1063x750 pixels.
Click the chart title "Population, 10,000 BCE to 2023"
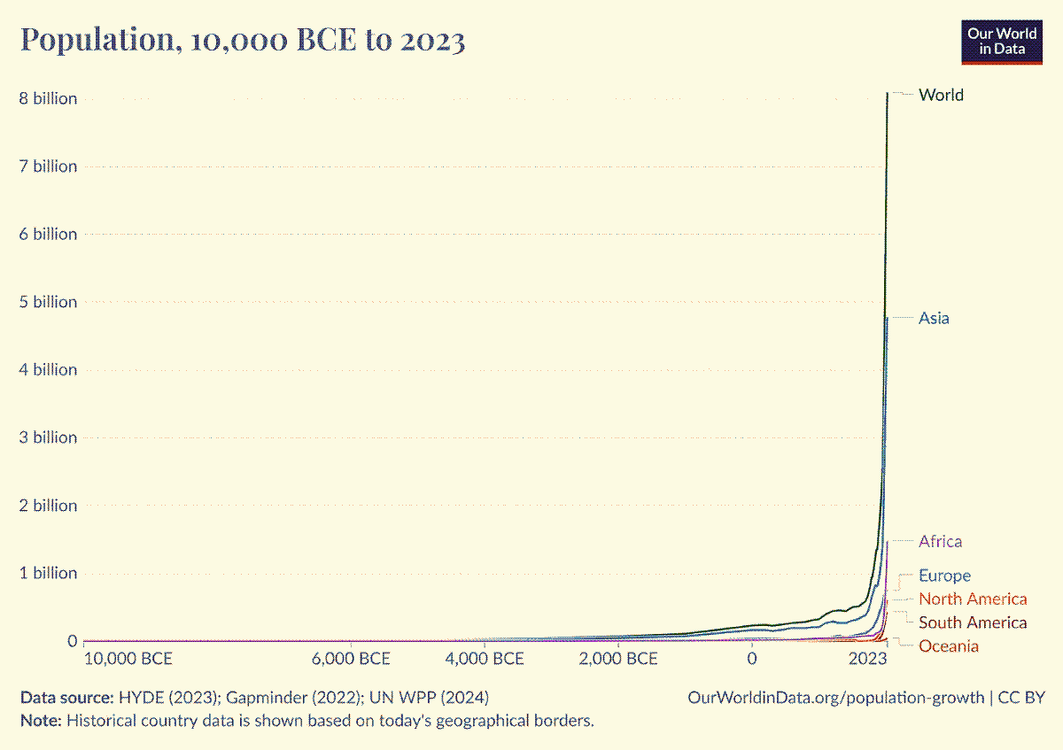[242, 40]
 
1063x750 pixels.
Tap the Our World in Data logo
[1002, 41]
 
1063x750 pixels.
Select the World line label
[941, 95]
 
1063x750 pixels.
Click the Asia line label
[934, 318]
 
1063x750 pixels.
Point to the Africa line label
[940, 541]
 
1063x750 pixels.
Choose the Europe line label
[944, 576]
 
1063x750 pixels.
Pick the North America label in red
[973, 599]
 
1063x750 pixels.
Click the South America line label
[973, 622]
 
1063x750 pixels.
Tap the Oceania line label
[949, 646]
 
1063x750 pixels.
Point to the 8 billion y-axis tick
[49, 98]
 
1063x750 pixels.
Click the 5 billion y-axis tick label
[49, 302]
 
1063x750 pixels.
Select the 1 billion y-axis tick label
[49, 573]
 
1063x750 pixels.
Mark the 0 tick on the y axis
[72, 640]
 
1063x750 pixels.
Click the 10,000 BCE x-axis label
[128, 659]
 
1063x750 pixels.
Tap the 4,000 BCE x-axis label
[484, 659]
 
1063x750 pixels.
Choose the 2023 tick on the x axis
[867, 659]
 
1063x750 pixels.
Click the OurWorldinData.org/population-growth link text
[835, 697]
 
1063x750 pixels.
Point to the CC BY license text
[1021, 697]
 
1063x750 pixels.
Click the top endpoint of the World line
[887, 93]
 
